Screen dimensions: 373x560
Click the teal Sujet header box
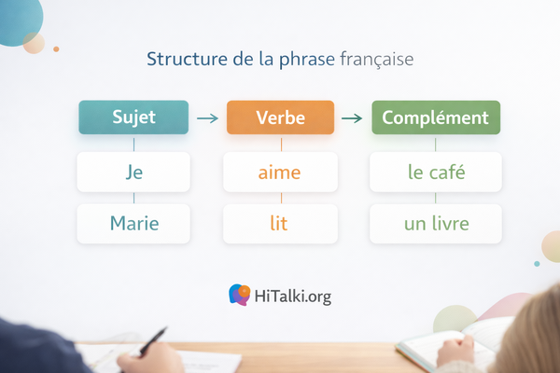click(133, 118)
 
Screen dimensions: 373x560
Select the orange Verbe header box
click(280, 118)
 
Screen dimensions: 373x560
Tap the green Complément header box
click(436, 118)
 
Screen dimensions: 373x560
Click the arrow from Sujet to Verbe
click(208, 118)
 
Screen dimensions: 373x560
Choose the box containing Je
click(133, 172)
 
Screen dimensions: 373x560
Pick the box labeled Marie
click(133, 224)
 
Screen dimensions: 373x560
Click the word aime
click(280, 172)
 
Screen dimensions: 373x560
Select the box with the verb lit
click(280, 224)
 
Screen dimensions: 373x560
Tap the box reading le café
click(436, 172)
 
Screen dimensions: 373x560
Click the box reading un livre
click(436, 224)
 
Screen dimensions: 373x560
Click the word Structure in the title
click(181, 59)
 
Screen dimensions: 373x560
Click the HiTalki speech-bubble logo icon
click(239, 296)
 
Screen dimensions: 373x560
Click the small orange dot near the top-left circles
click(56, 48)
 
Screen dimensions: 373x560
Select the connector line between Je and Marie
click(133, 198)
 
